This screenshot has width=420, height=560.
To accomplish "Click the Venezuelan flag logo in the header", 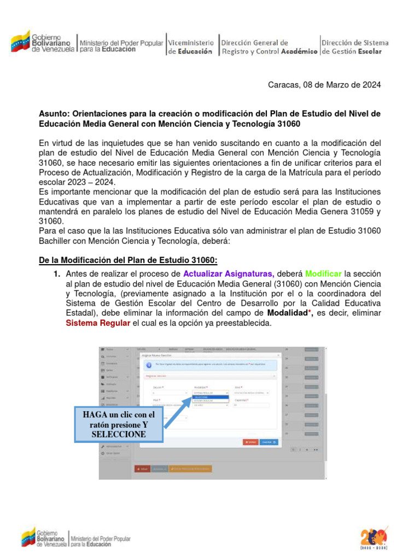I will (20, 42).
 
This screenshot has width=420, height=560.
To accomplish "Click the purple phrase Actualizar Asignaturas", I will (229, 273).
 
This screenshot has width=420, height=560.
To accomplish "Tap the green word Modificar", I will (324, 273).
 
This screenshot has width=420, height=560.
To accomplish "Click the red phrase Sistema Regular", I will (98, 323).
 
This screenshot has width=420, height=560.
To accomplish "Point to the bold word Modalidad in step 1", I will (288, 313).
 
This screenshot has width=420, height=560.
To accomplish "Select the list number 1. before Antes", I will (57, 273).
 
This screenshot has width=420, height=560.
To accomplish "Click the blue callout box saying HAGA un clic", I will (118, 424).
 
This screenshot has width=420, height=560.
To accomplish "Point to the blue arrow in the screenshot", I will (177, 412).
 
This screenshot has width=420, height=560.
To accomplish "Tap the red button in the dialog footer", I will (250, 442).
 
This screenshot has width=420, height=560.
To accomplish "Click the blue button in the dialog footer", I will (268, 442).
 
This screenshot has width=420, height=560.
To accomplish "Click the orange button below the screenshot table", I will (190, 469).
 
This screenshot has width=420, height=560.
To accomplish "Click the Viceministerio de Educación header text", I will (190, 46).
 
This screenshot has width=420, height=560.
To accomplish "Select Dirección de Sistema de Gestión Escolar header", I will (355, 46).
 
